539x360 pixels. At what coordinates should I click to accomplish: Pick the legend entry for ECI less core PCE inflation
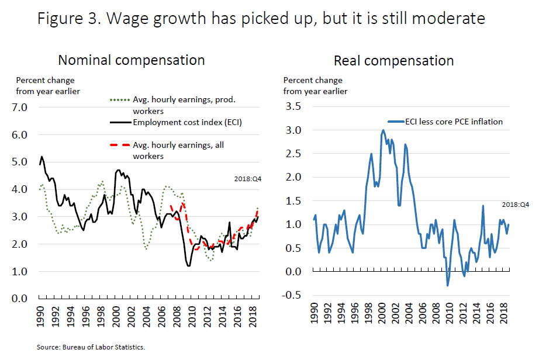coord(453,122)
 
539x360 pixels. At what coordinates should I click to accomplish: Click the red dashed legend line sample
coord(121,146)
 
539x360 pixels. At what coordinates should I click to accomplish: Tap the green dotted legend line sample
coord(121,100)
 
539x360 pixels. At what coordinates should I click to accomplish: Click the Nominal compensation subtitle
coord(131,60)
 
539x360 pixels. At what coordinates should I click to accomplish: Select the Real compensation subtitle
coord(393,60)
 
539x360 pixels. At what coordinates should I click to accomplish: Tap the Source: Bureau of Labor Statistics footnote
coord(91,347)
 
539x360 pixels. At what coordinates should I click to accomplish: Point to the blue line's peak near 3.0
coord(383,130)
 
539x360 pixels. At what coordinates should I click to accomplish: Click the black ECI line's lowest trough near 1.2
coord(188,266)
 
